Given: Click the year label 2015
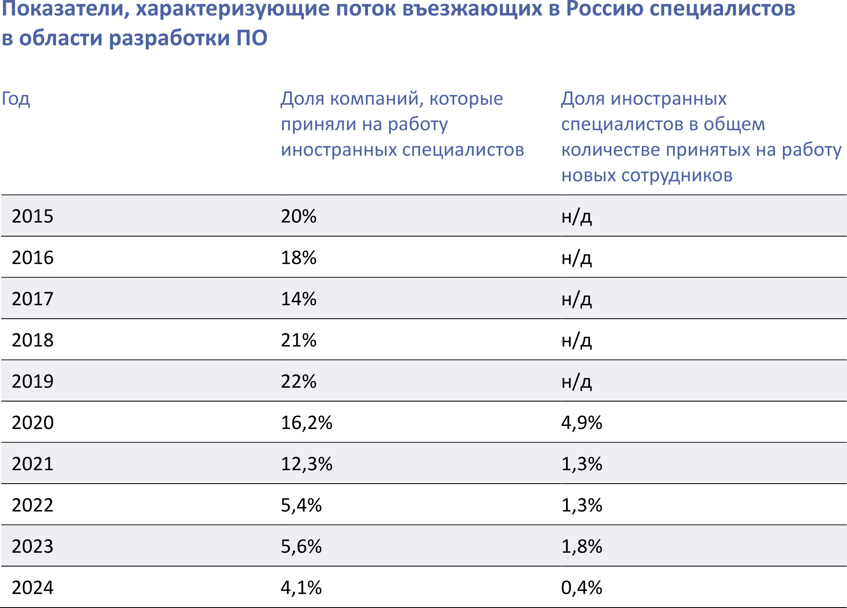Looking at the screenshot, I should coord(33,216).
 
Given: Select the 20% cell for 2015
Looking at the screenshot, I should coord(299,216).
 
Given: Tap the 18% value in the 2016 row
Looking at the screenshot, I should coord(299,258).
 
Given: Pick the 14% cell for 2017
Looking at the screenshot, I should coord(299,299).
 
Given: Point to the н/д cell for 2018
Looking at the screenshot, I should coord(577,340).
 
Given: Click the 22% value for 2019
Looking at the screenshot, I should coord(299,381).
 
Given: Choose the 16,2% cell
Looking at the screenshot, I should coord(306,423).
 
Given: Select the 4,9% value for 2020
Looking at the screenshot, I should coord(582,423).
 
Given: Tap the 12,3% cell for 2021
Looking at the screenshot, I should coord(306,464).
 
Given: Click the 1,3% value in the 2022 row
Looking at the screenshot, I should coord(582,505).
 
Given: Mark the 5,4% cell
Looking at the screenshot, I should coord(301,505).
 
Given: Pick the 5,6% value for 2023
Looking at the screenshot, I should coord(301,546).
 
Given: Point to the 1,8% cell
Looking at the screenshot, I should coord(582,546).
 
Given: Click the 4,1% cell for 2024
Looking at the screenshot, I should coord(301,587).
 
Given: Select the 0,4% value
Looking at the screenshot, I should coord(582,587).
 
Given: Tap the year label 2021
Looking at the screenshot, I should coord(33,464).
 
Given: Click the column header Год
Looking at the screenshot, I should coord(16,99).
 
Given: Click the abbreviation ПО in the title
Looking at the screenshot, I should coord(252,38).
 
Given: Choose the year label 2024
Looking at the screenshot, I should coord(33,587).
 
